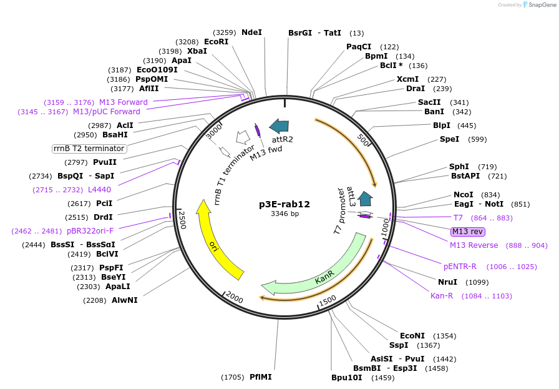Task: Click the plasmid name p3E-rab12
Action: point(284,204)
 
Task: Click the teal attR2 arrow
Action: point(279,126)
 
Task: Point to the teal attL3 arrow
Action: point(366,199)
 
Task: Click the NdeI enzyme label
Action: point(251,32)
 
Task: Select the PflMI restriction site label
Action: point(261,377)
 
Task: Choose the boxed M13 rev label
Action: point(467,231)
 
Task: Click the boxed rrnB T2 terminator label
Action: point(89,149)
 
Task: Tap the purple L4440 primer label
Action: point(99,189)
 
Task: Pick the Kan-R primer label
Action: point(442,295)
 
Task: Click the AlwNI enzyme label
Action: point(125,300)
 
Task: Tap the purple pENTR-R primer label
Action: point(460,266)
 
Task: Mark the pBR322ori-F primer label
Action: point(90,230)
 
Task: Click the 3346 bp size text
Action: point(284,214)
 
